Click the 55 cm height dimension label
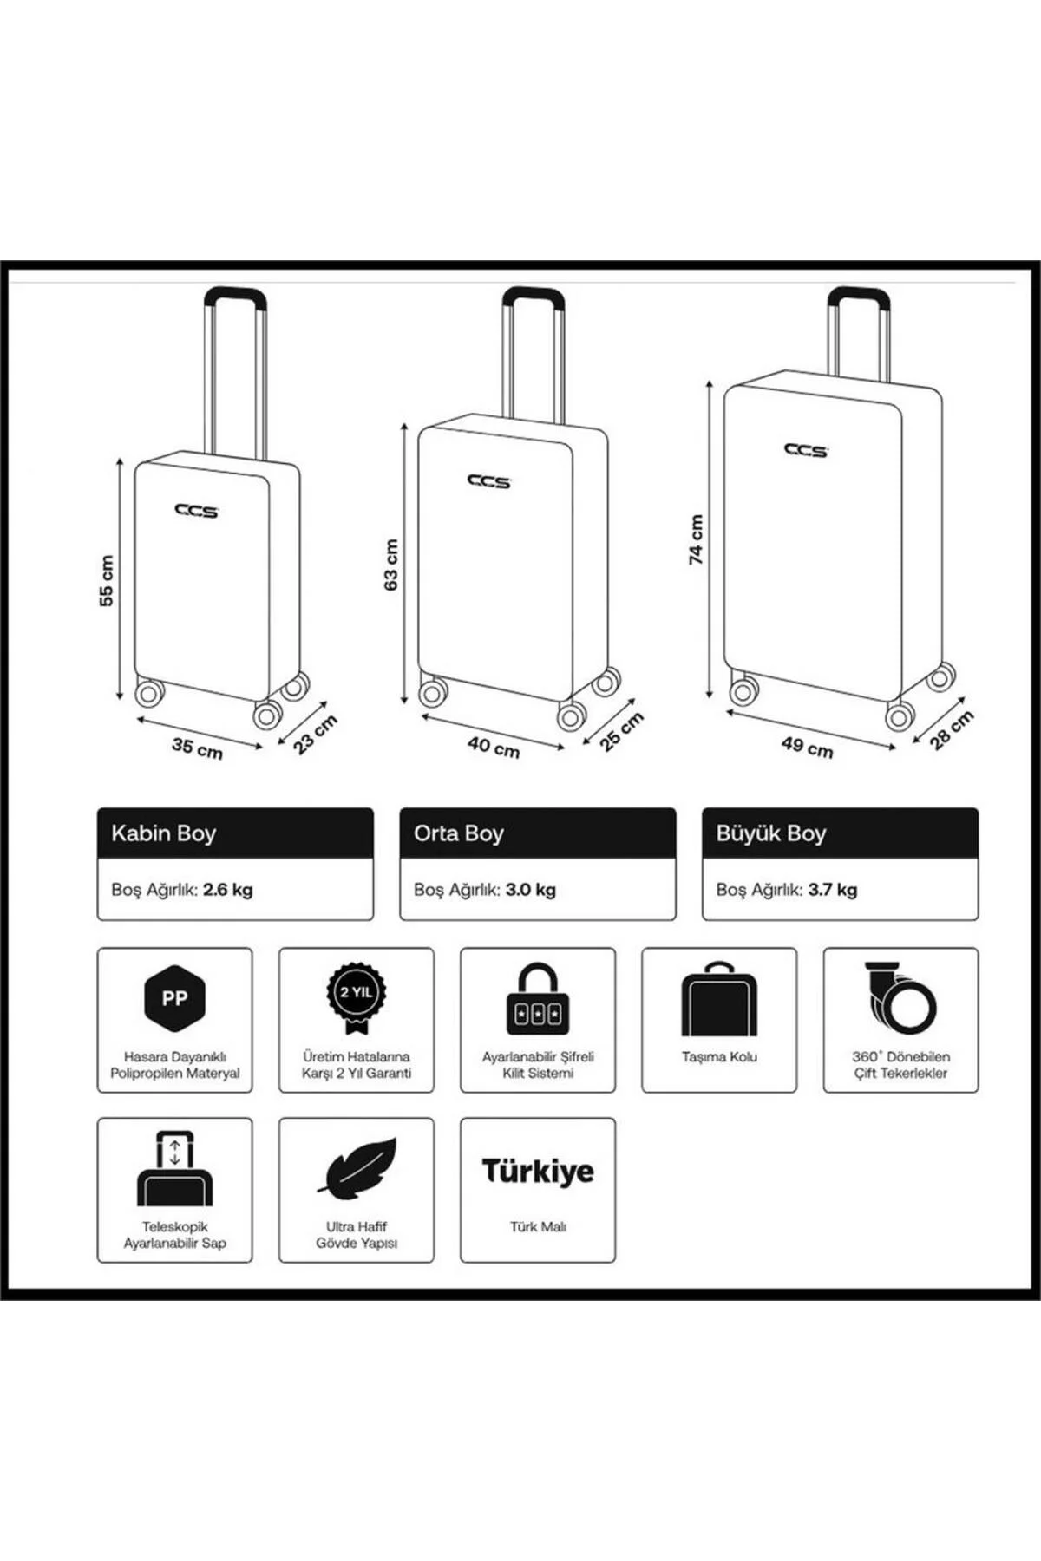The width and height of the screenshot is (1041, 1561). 106,580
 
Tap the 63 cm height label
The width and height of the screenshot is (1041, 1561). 391,565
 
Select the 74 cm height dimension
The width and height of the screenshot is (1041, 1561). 696,539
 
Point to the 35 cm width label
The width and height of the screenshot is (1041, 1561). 198,748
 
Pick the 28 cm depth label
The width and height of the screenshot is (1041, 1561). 952,729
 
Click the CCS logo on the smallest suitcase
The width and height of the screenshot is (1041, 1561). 197,511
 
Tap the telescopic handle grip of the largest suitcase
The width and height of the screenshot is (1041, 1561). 858,297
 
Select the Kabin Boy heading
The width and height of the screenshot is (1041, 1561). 164,833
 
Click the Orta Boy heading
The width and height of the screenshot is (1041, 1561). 459,833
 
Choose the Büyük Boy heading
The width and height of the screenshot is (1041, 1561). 771,833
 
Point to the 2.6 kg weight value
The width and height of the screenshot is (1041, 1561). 228,890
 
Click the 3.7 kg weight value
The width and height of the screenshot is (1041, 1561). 833,890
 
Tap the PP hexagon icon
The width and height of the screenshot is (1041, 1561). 174,998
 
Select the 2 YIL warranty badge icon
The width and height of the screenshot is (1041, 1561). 357,997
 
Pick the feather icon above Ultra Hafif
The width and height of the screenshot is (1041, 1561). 357,1167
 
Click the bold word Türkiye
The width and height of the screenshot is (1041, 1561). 538,1171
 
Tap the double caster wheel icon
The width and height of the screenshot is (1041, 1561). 900,998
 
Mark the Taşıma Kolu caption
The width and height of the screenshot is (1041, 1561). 719,1057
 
